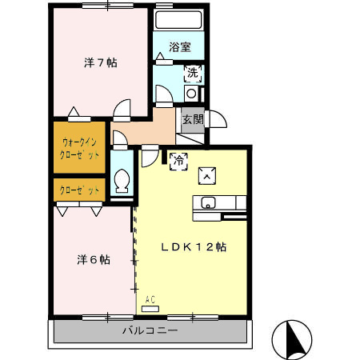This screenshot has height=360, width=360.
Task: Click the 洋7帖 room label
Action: point(102,62)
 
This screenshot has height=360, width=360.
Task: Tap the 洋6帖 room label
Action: point(94,259)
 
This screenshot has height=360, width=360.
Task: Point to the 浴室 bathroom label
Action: point(181,46)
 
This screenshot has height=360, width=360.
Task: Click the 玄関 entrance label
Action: point(192,119)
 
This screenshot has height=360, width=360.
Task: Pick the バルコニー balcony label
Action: point(150,330)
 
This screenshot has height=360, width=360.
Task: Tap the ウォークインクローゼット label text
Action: point(80,148)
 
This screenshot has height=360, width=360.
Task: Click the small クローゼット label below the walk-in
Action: point(80,190)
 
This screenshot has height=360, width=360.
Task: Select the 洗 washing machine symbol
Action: point(193,74)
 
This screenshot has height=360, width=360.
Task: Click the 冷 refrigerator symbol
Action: point(178,160)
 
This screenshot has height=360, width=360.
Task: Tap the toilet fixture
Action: point(122,180)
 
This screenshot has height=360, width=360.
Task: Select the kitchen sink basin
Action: point(208,202)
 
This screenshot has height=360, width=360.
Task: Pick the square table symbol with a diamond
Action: point(206,172)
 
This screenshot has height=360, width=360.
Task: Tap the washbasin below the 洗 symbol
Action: point(192,94)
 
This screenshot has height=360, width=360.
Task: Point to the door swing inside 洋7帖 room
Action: point(122,109)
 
